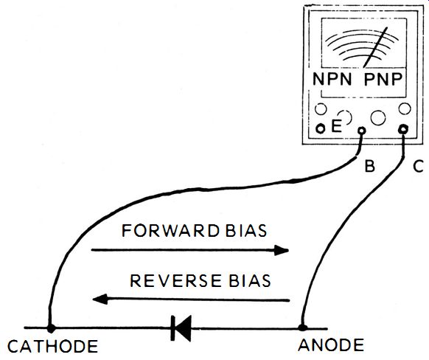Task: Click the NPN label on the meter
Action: pos(332,80)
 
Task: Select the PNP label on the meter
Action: pos(383,80)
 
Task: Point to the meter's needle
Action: pos(375,47)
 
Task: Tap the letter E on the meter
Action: pos(336,126)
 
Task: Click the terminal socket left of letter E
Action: pos(321,128)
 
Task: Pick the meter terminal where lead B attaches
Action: pos(362,131)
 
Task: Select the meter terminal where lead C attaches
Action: pos(403,128)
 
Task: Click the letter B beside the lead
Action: pos(369,166)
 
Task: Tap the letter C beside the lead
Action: pos(419,166)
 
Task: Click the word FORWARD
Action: pos(170,231)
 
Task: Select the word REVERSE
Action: pos(175,280)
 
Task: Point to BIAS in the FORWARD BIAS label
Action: pos(246,231)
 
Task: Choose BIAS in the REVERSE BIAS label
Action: pos(250,280)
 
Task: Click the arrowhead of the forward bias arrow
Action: pos(282,250)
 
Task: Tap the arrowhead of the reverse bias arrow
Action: pos(100,300)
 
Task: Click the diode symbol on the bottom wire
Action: pos(181,328)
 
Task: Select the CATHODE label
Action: pos(53,346)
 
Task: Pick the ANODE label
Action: pos(331,345)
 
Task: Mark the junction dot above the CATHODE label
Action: pos(51,328)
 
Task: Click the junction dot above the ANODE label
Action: pos(302,328)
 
